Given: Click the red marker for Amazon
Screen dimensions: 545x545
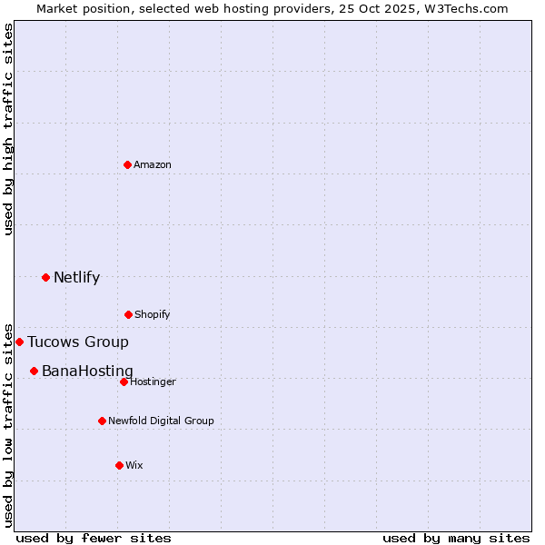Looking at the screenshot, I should (x=127, y=164).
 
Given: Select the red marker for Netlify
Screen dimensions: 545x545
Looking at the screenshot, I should (x=45, y=277).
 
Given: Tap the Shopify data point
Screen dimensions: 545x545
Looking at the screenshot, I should (x=128, y=314).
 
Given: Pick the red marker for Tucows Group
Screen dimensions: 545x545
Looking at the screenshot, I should (x=19, y=342).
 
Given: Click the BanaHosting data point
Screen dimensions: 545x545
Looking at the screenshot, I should (x=34, y=371).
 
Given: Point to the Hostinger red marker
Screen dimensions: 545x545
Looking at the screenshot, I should (x=124, y=381).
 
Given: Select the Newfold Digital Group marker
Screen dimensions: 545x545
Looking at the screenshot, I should (x=102, y=421).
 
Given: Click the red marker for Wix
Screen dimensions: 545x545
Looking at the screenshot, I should (x=119, y=465).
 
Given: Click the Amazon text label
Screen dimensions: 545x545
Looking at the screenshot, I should (x=153, y=164).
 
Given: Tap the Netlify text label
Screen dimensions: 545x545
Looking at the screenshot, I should (x=76, y=278).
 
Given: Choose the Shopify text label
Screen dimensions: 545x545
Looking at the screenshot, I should (x=153, y=314).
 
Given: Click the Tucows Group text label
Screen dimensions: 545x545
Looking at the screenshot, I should (x=78, y=342).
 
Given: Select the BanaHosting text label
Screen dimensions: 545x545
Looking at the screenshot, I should (x=87, y=372).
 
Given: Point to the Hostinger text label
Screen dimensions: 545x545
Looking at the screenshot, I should (x=153, y=381).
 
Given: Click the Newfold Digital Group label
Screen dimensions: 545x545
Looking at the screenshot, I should (x=161, y=421).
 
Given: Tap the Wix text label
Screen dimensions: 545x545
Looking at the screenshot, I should (x=134, y=465).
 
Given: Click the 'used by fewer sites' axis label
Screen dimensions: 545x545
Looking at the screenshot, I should (x=94, y=538).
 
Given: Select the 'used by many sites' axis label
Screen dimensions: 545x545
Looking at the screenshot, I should (x=456, y=538).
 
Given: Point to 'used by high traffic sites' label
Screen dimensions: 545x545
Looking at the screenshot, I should (x=8, y=129).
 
